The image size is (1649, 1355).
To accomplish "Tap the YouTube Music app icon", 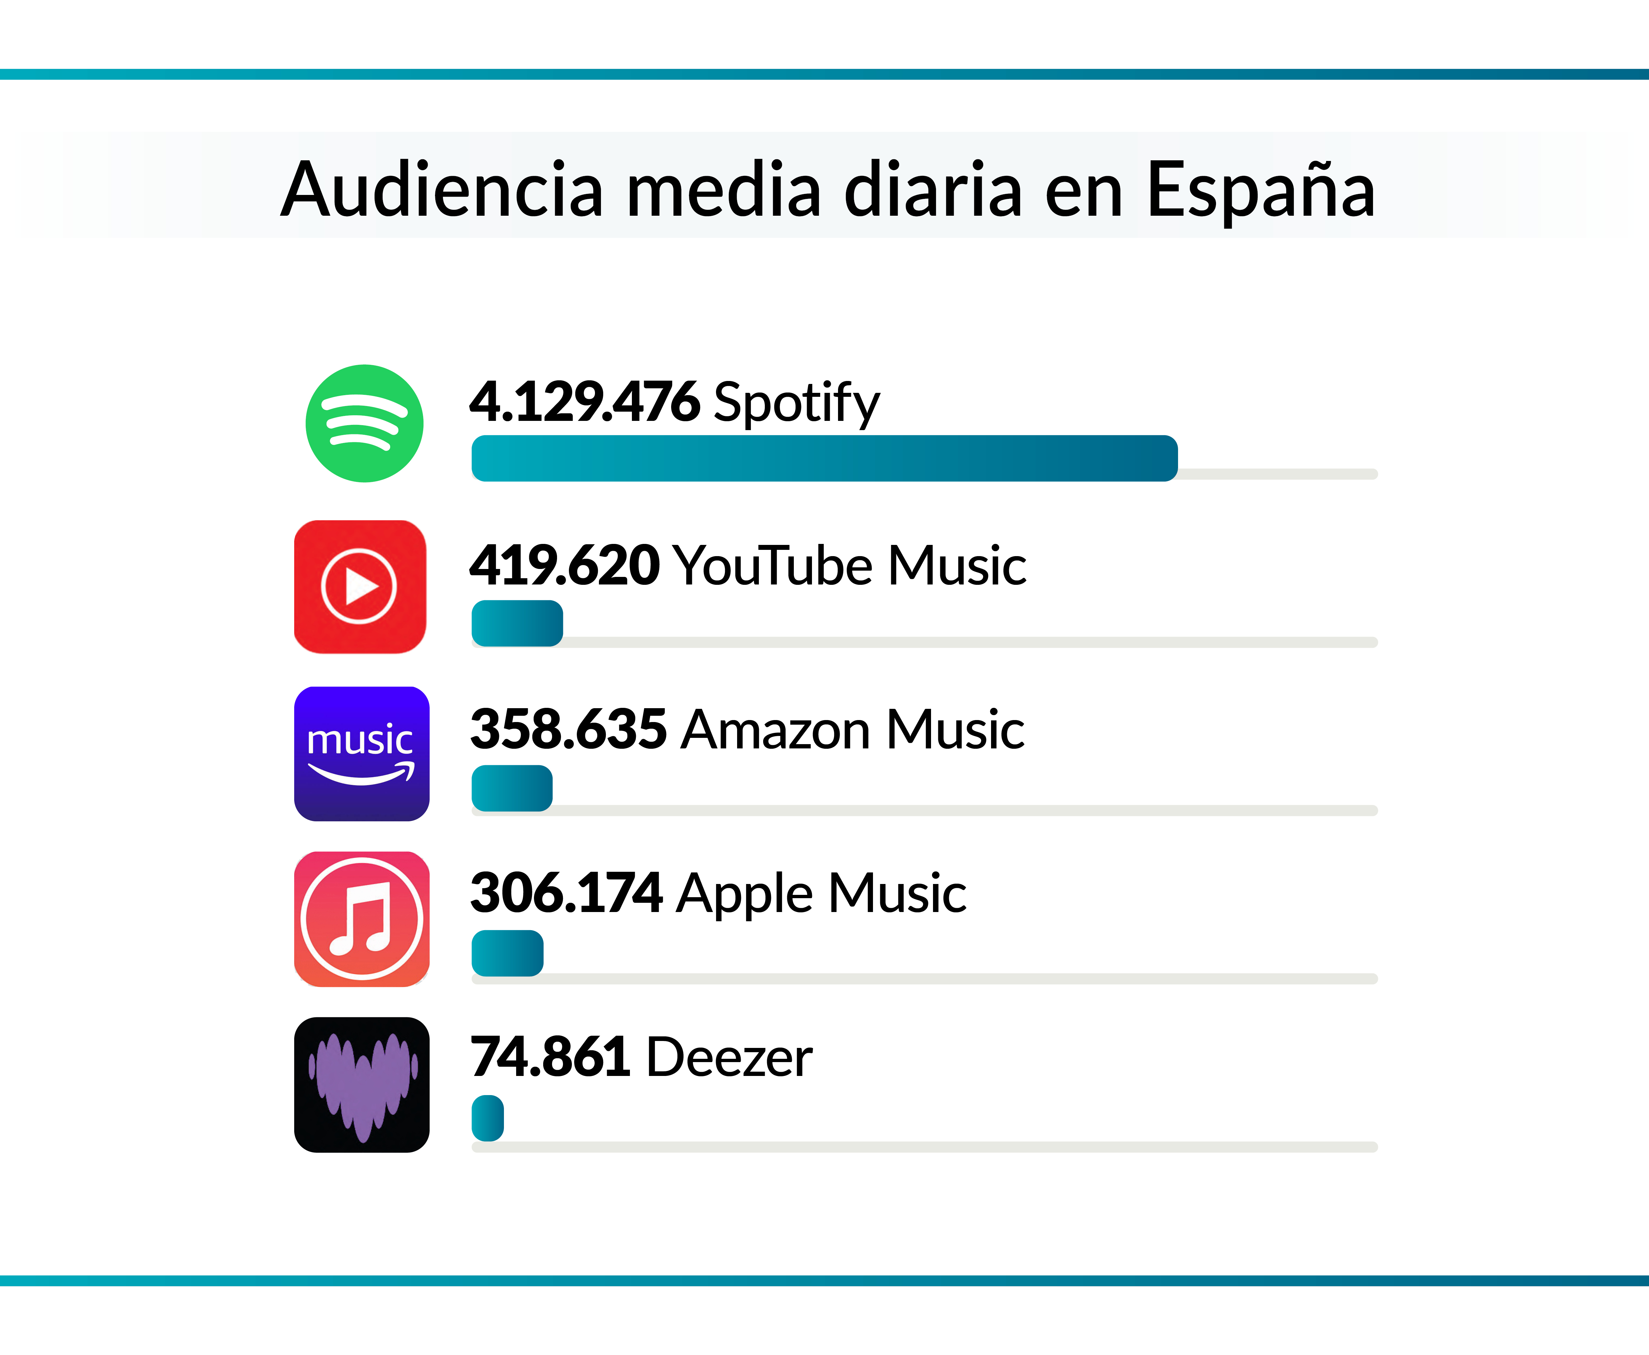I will point(360,586).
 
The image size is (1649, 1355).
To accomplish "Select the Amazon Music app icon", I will point(361,753).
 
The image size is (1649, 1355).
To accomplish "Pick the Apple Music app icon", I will point(361,919).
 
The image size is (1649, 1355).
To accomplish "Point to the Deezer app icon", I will point(361,1084).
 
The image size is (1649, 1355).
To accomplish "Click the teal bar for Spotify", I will point(824,458).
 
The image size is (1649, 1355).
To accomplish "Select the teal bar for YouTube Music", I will point(516,623).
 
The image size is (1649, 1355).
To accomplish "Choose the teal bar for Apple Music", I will point(507,953).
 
